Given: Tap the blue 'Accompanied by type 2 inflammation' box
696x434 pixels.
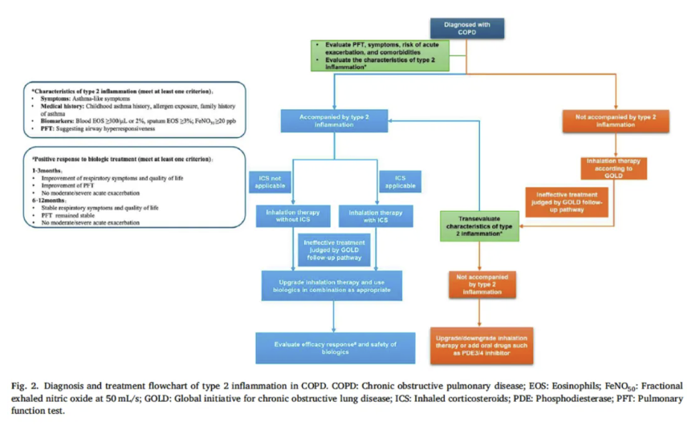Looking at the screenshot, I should (336, 121).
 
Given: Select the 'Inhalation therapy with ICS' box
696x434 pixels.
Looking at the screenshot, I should (375, 217).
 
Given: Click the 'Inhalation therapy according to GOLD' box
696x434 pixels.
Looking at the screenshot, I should (616, 170).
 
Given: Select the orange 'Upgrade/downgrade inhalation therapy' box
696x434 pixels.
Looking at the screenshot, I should (479, 340).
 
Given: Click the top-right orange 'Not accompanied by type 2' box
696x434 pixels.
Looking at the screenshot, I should (617, 121).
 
